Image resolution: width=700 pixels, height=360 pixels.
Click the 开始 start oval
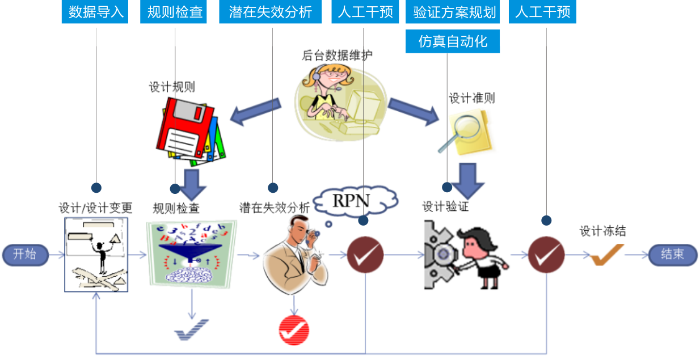[25, 255]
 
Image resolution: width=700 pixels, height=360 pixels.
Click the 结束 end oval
[672, 255]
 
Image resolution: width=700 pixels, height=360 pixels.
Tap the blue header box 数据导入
[96, 12]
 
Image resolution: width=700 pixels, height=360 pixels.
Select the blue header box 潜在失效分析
[271, 12]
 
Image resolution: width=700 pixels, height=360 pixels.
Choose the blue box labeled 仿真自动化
[453, 41]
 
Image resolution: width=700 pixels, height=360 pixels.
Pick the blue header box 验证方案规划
[454, 12]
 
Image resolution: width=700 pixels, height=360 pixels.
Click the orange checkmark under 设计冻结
[607, 255]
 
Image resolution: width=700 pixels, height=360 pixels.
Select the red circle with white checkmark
[294, 329]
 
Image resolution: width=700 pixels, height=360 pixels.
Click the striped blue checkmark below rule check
[192, 329]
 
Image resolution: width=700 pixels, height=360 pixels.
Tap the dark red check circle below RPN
[365, 255]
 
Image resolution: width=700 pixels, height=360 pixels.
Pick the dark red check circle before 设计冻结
[546, 255]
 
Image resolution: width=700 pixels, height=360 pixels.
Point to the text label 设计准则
[471, 98]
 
